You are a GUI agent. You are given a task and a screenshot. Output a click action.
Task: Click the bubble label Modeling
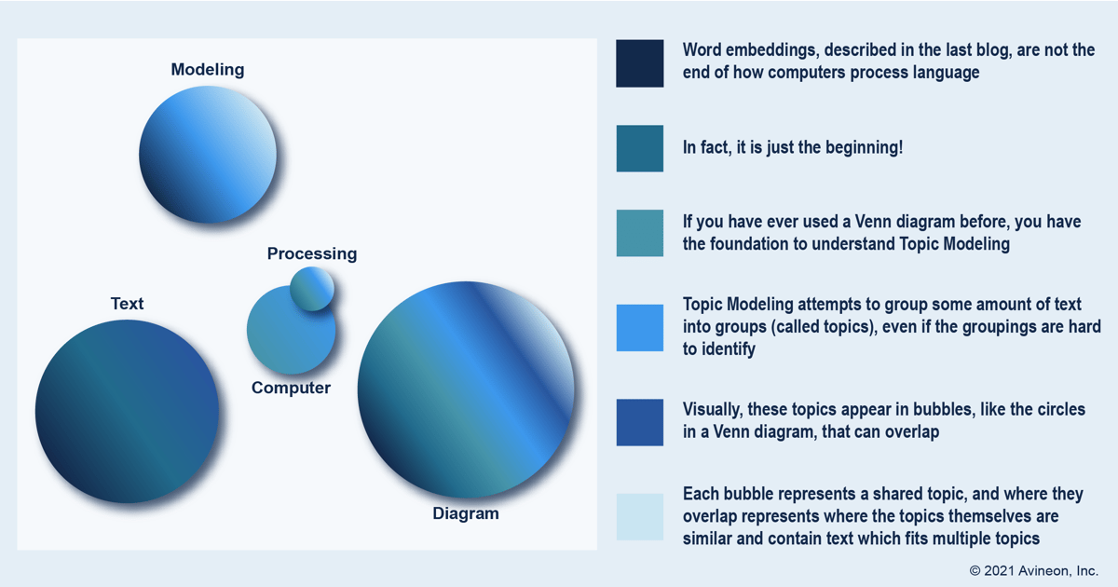click(208, 70)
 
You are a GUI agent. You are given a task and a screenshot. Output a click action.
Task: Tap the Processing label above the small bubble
click(312, 253)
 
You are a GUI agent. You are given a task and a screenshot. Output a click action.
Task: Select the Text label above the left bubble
click(127, 304)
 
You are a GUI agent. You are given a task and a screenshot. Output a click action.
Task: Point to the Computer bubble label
click(291, 388)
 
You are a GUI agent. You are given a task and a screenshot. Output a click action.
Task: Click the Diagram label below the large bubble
click(466, 513)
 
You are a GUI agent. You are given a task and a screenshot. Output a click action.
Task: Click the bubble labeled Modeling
click(208, 155)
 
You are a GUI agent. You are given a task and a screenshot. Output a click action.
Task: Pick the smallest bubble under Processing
click(312, 288)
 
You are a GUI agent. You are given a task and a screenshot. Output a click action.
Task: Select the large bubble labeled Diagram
click(466, 389)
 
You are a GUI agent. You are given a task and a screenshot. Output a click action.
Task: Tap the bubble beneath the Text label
click(127, 411)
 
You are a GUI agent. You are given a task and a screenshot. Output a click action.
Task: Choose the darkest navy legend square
click(640, 63)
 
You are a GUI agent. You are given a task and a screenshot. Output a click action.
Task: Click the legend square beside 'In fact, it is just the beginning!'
click(640, 148)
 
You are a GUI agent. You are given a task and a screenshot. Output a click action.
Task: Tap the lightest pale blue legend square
click(640, 517)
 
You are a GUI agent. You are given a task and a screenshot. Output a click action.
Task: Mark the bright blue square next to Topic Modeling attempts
click(640, 328)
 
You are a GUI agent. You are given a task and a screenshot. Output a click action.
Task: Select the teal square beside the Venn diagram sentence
click(640, 233)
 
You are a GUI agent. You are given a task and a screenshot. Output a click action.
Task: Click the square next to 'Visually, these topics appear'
click(640, 422)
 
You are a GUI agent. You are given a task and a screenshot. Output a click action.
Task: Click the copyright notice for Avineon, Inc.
click(1033, 570)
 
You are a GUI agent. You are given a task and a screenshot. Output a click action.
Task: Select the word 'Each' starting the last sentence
click(701, 494)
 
